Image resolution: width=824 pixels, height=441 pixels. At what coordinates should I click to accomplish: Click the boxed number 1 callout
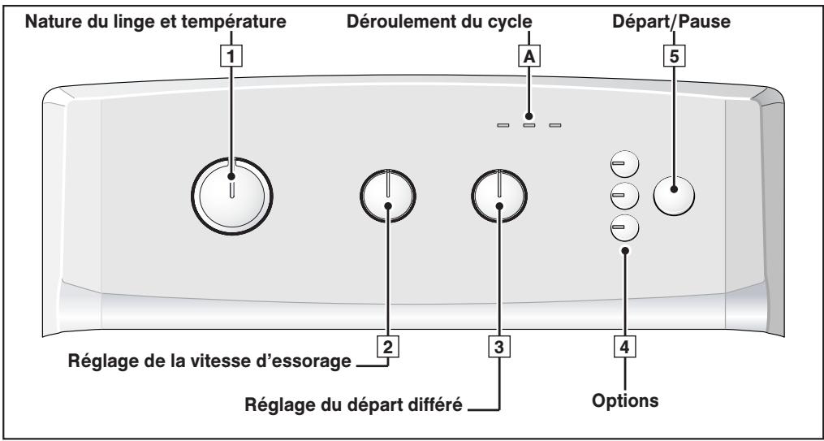click(x=231, y=56)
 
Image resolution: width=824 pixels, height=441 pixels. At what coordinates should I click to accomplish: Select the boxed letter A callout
click(x=529, y=56)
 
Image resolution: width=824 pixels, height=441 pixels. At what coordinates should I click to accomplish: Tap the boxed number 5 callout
click(x=675, y=56)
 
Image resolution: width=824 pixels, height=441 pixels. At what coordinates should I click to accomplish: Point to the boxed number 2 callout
click(x=388, y=347)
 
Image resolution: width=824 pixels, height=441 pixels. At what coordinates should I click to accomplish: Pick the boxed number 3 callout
click(x=499, y=347)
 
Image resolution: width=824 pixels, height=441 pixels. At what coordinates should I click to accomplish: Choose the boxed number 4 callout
click(x=625, y=347)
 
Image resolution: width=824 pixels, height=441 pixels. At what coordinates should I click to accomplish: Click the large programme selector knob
click(x=231, y=195)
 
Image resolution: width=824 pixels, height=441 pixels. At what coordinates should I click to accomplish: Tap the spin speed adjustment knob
click(x=388, y=196)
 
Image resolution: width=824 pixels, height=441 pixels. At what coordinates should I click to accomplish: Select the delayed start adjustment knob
click(x=499, y=196)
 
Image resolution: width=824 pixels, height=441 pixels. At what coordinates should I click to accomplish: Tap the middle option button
click(x=624, y=196)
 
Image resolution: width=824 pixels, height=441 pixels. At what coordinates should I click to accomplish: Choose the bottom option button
click(x=624, y=227)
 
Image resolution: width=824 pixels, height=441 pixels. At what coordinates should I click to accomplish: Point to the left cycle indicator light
click(x=503, y=126)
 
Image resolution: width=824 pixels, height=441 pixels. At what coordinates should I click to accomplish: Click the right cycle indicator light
click(x=555, y=126)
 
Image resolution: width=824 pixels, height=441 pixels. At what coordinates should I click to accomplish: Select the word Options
click(x=625, y=400)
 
